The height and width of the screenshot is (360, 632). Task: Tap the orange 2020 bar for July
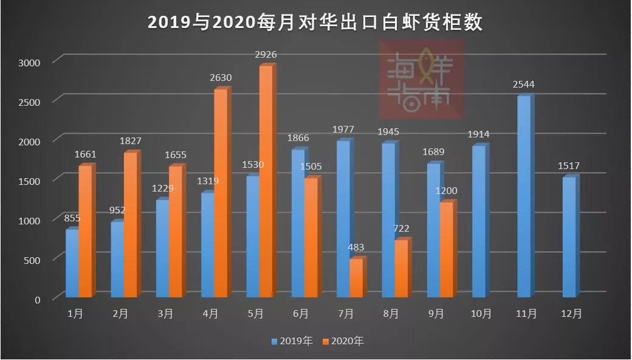tap(356, 278)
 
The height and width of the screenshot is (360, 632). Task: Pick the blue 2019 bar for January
tap(72, 263)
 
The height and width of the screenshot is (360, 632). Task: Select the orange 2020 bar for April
tap(221, 193)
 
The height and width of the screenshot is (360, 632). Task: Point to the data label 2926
tap(266, 55)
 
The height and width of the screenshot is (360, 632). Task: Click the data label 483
tap(356, 247)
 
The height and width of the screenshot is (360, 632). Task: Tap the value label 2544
tap(524, 85)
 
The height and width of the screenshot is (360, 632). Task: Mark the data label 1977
tap(343, 130)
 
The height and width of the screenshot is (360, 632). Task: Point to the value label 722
tap(401, 229)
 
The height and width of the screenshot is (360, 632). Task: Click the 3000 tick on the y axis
tap(29, 62)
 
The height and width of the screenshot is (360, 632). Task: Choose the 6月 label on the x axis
tap(300, 314)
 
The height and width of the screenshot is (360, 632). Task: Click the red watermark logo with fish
tap(421, 79)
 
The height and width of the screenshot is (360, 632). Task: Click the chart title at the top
tap(315, 22)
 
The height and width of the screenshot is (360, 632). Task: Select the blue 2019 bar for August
tap(388, 220)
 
